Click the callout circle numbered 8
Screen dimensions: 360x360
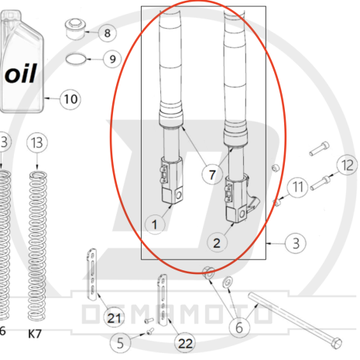pos(108,33)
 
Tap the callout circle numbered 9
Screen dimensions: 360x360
pos(112,59)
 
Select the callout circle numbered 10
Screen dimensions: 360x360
pos(70,99)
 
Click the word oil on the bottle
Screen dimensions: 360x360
pos(21,74)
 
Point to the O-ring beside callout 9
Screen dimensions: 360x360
pos(76,60)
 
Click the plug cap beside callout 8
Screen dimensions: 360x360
pos(76,29)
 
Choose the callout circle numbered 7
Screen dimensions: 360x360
pos(212,175)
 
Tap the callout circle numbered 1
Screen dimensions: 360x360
pos(155,225)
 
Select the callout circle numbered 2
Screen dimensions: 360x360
pos(217,243)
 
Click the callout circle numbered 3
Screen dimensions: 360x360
pos(296,243)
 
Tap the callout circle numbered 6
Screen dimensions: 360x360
pos(239,327)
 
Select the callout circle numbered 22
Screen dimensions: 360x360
pos(185,343)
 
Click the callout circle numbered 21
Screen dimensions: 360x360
pos(114,318)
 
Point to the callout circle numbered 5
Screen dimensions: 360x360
pos(120,343)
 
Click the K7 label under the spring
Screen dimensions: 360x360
pos(35,334)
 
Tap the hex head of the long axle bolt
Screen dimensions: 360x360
pos(337,343)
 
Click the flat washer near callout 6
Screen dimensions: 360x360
pos(227,282)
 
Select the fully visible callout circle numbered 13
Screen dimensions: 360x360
pos(37,142)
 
